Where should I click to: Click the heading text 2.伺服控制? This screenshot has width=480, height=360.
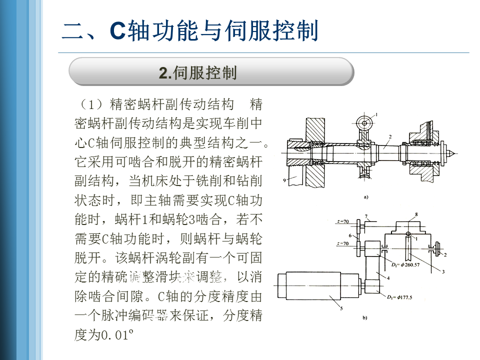point(197,72)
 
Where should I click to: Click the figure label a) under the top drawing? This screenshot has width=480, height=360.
point(365,197)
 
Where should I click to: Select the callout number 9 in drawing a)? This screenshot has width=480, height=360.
point(284,181)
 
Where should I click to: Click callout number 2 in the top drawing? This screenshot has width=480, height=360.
point(390,136)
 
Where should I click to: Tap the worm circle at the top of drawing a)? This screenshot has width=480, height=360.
point(365,122)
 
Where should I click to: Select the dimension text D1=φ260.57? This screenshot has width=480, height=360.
point(406,264)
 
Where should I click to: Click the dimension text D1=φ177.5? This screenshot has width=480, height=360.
point(405,298)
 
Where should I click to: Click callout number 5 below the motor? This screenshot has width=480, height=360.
point(341,308)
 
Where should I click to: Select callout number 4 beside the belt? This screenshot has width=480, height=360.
point(387,276)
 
